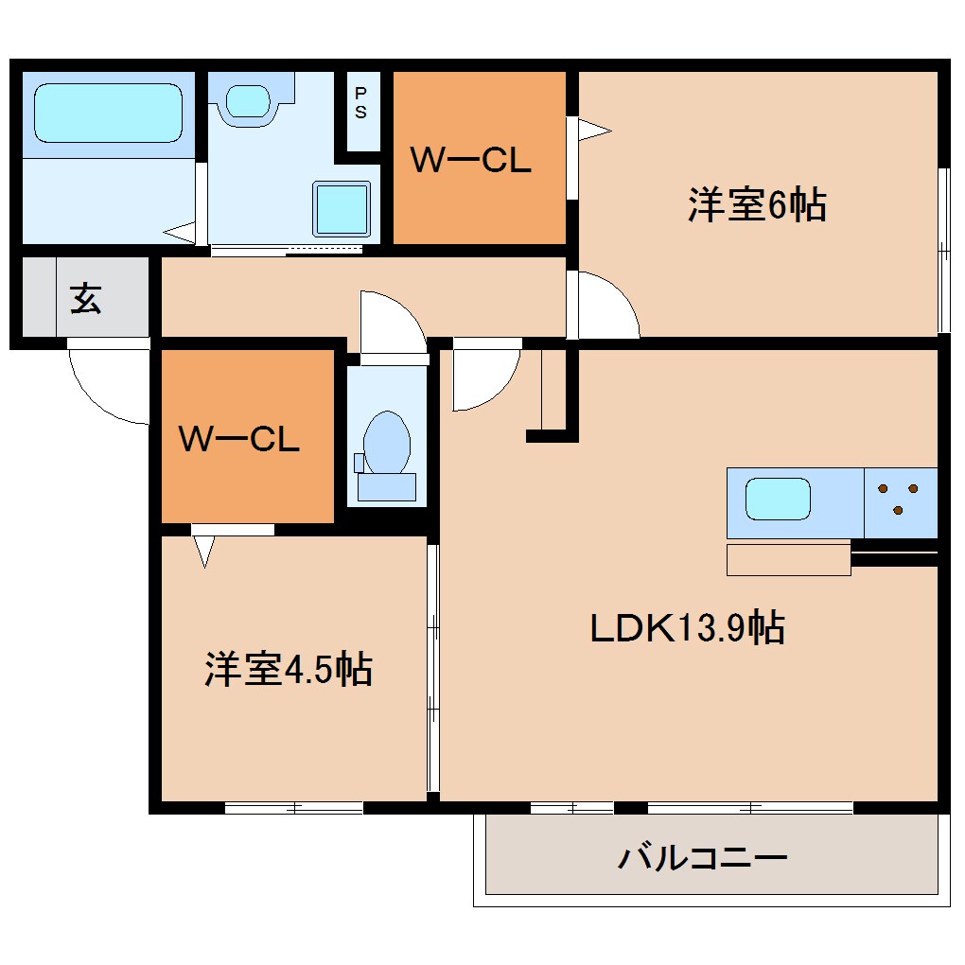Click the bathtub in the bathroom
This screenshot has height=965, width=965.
[108, 114]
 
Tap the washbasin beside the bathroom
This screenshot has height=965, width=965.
[248, 100]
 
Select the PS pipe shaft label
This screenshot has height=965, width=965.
[361, 104]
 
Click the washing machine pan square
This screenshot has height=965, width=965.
[341, 209]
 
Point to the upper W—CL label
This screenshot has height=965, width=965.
[470, 161]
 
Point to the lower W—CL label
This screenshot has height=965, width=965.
[239, 438]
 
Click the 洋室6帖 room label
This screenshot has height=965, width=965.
[757, 205]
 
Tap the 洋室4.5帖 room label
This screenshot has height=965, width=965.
[288, 669]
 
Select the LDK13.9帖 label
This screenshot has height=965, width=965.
[687, 627]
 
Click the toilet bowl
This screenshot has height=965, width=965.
[387, 443]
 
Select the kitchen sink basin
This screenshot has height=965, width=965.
[778, 499]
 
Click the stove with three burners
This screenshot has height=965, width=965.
[899, 499]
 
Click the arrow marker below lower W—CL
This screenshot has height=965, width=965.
[204, 551]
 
